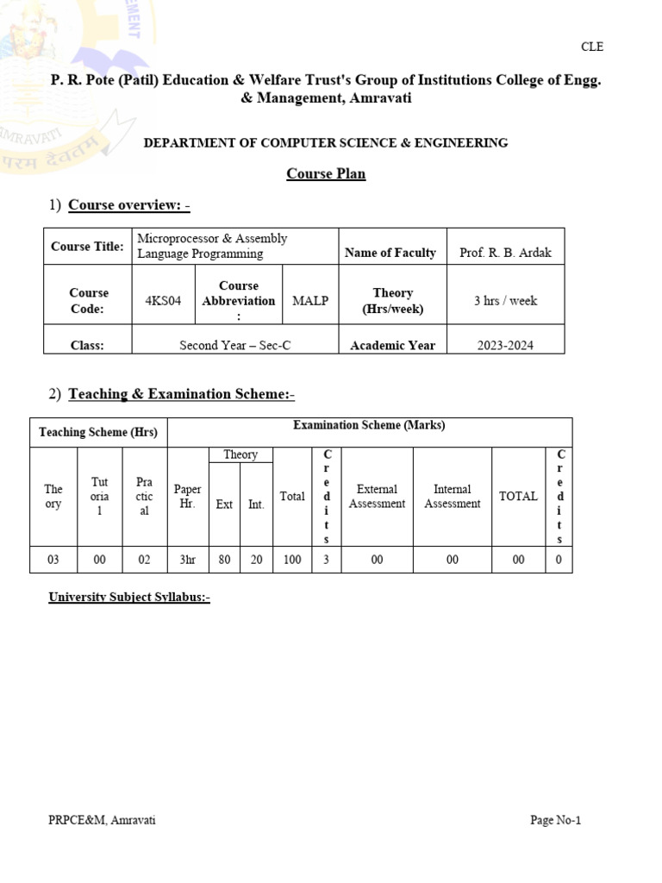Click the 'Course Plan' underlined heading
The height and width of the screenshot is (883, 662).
(x=326, y=173)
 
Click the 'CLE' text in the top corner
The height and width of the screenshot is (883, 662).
(x=590, y=47)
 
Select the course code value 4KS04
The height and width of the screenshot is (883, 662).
(x=164, y=301)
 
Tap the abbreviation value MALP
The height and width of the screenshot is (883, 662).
(x=310, y=301)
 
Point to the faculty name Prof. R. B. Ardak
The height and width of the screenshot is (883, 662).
(x=505, y=253)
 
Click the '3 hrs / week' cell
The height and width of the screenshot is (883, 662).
(x=505, y=301)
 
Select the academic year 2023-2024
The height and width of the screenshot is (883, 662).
(x=505, y=345)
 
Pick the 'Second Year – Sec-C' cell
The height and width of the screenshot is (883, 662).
(x=235, y=345)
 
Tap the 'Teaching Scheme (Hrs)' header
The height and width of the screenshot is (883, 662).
(x=99, y=432)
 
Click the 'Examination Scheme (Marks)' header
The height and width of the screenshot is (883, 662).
(x=369, y=425)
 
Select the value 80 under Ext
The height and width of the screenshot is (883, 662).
(x=224, y=560)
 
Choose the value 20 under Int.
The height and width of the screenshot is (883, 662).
(x=257, y=560)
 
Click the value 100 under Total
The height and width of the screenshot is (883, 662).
(x=292, y=560)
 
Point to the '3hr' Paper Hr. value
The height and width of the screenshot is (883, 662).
(x=187, y=560)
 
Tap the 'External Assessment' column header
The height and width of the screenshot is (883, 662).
(x=377, y=497)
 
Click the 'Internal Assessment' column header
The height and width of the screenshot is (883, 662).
(x=452, y=497)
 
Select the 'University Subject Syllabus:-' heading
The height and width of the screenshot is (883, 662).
(x=129, y=597)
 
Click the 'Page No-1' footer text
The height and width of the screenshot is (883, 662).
(x=555, y=820)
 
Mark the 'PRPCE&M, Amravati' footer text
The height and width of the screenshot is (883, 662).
(x=102, y=820)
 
